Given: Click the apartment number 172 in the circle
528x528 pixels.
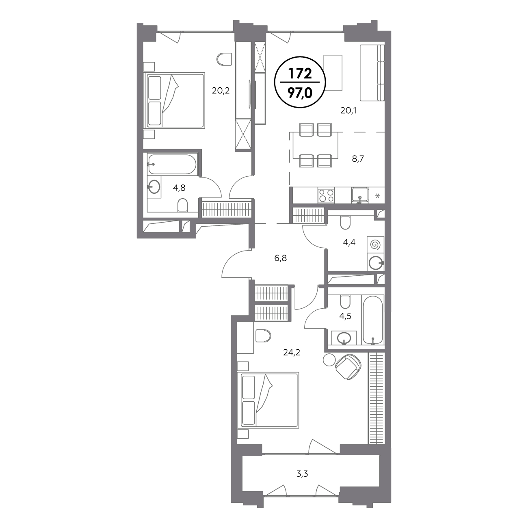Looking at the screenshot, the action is (x=300, y=74).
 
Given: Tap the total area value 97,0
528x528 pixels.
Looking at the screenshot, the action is (x=300, y=93).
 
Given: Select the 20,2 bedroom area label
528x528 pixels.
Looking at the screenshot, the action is (x=221, y=91).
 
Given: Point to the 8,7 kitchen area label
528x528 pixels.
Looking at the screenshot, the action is (x=358, y=159).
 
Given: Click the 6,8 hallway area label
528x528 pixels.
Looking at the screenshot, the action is (x=281, y=258).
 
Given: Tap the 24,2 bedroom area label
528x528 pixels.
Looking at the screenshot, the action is (x=292, y=352).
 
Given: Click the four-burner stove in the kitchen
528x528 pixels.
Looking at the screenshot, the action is (x=326, y=195).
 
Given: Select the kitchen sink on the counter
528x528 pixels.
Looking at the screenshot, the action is (x=360, y=195).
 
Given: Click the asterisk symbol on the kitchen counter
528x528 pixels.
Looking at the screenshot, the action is (x=377, y=196).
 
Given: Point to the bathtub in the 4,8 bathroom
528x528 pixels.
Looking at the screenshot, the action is (x=172, y=164).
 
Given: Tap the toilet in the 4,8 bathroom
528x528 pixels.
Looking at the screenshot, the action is (x=182, y=205).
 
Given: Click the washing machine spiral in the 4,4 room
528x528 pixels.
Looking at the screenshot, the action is (x=375, y=245).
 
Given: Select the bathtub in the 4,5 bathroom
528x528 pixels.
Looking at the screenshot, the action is (x=373, y=320).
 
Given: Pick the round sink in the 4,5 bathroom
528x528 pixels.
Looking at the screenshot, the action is (x=344, y=338).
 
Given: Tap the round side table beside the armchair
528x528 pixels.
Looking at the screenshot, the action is (x=329, y=359).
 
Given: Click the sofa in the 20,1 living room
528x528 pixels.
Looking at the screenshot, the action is (x=372, y=73).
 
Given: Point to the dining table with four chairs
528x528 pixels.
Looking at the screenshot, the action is (x=316, y=145).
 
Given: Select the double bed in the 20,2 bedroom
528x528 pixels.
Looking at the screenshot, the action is (x=175, y=100).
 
